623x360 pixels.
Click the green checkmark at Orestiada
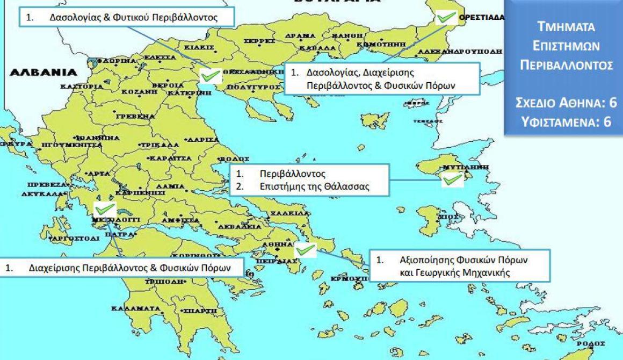click(x=445, y=17)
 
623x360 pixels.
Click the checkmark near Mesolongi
click(x=104, y=208)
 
